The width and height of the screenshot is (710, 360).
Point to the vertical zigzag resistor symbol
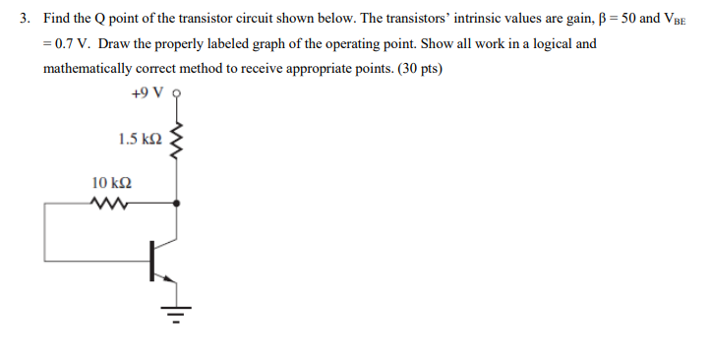tap(177, 144)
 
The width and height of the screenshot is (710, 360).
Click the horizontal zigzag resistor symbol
tap(104, 204)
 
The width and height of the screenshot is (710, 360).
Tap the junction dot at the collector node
tap(177, 204)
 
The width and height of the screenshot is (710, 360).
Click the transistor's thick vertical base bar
tap(152, 260)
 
